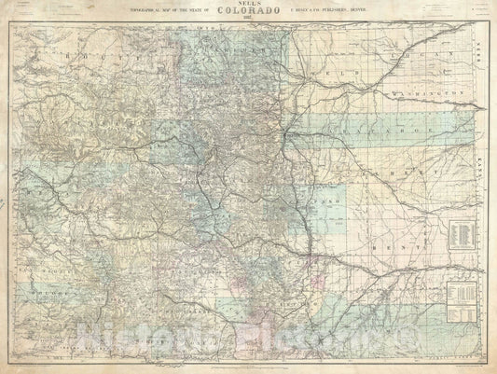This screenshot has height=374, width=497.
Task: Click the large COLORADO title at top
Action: (x=247, y=14)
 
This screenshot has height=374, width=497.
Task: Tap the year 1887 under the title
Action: (x=247, y=24)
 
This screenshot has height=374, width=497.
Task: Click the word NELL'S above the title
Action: (x=247, y=5)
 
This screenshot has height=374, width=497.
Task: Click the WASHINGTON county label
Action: (x=434, y=94)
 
